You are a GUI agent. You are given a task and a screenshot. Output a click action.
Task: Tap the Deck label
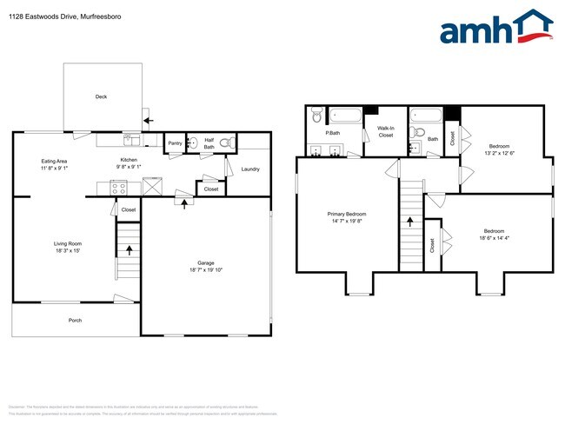click(x=101, y=97)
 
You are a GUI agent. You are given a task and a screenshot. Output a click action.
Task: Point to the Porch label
click(x=76, y=321)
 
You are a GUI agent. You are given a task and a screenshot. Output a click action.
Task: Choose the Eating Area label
click(x=55, y=162)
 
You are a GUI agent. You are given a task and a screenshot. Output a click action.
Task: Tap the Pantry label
click(x=175, y=143)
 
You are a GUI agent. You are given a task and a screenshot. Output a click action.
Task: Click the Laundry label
click(x=251, y=169)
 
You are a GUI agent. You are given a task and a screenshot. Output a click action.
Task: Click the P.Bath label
click(x=332, y=133)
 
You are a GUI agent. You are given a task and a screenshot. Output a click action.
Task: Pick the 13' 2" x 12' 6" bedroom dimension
click(x=499, y=153)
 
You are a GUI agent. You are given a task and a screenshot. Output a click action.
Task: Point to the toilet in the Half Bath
click(x=225, y=143)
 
